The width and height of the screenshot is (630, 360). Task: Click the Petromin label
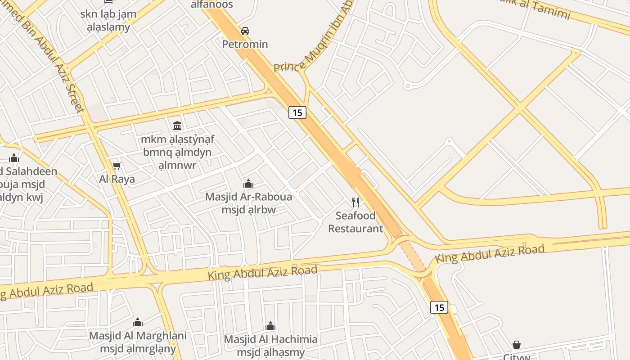tap(245, 44)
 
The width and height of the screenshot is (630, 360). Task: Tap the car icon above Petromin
tap(245, 31)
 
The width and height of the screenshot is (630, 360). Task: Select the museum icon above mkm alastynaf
tap(177, 126)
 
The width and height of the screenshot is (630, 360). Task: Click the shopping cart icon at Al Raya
tap(117, 166)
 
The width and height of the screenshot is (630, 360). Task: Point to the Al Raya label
tap(117, 179)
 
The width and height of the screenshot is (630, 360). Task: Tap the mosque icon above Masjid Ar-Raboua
tap(248, 184)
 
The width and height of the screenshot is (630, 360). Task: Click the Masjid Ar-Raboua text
tap(248, 197)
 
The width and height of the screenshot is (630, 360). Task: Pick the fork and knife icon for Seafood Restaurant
tap(355, 202)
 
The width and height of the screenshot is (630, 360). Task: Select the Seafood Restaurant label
tap(355, 222)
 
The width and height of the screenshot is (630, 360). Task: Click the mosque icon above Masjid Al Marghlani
tap(138, 322)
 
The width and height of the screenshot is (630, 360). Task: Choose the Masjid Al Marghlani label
tap(138, 336)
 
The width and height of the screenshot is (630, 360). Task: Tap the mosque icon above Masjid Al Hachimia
tap(270, 326)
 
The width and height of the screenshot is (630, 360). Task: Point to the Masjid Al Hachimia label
tap(270, 339)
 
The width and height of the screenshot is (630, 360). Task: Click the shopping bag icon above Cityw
tap(517, 345)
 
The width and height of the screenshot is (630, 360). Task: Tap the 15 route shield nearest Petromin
tap(297, 112)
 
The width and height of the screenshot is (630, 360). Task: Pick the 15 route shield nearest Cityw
tap(439, 307)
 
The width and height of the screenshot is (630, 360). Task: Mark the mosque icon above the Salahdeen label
tap(14, 158)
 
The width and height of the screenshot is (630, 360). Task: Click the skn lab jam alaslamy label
tap(108, 20)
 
